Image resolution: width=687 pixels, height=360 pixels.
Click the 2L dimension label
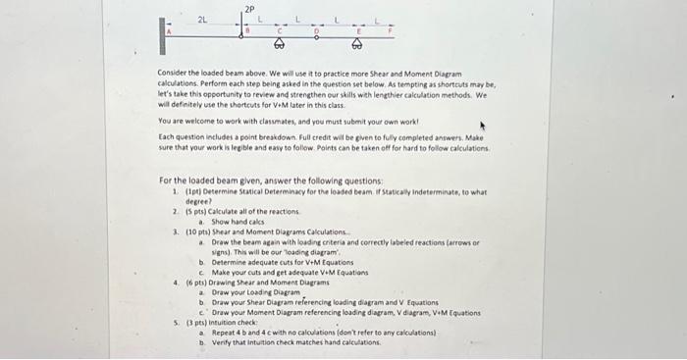202,20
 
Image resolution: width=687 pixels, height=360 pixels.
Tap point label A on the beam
168,31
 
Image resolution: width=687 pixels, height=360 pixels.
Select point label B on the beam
247,30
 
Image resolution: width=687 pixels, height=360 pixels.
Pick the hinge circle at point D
317,37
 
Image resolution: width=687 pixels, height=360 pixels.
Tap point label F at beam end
390,30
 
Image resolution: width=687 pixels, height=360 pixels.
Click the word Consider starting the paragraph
172,74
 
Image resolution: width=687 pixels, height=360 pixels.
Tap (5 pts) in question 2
188,210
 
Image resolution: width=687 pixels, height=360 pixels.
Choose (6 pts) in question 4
188,281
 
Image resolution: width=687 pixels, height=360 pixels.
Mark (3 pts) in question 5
188,323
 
